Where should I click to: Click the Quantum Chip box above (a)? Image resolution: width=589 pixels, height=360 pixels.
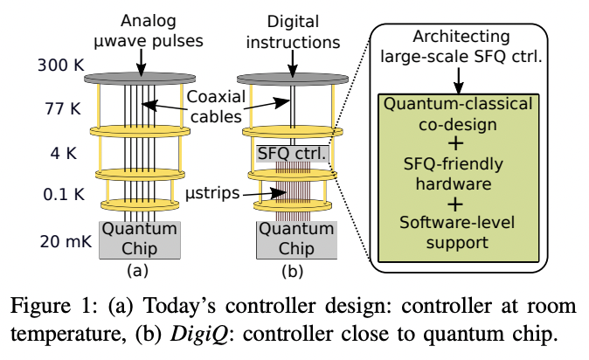141,239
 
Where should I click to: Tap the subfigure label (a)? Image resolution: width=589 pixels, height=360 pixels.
141,272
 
